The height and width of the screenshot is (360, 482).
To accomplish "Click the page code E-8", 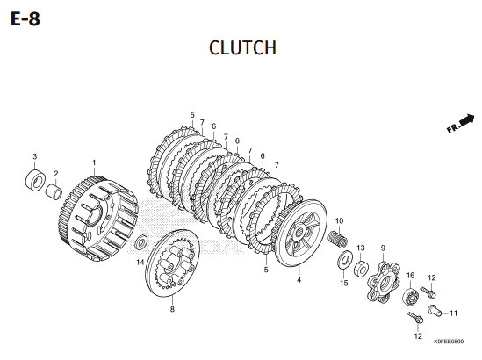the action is pyautogui.click(x=25, y=19).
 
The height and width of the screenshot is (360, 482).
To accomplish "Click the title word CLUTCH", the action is pyautogui.click(x=242, y=47).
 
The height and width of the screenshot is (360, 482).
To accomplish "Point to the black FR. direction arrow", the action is pyautogui.click(x=460, y=124).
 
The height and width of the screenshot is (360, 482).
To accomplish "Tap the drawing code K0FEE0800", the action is pyautogui.click(x=449, y=342).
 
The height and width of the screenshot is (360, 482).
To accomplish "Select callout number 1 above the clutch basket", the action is pyautogui.click(x=94, y=162).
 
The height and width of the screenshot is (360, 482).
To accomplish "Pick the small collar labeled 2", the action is pyautogui.click(x=54, y=191).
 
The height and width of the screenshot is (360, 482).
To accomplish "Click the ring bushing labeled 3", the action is pyautogui.click(x=35, y=180).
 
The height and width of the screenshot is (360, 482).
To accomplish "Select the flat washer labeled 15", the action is pyautogui.click(x=346, y=260).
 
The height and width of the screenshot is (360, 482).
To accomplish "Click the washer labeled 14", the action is pyautogui.click(x=141, y=242).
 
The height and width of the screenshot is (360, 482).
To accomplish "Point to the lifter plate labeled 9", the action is pyautogui.click(x=384, y=281).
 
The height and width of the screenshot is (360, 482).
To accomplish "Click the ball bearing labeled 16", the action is pyautogui.click(x=410, y=297).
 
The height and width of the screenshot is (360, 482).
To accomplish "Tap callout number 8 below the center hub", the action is pyautogui.click(x=172, y=309).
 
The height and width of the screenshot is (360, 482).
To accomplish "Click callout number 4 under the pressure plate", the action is pyautogui.click(x=299, y=280).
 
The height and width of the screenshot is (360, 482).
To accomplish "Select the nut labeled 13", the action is pyautogui.click(x=362, y=268).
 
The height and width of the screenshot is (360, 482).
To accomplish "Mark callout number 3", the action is pyautogui.click(x=35, y=156).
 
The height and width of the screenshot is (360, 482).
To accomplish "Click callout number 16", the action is pyautogui.click(x=410, y=275).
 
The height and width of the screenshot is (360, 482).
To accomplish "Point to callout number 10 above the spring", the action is pyautogui.click(x=340, y=220).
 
